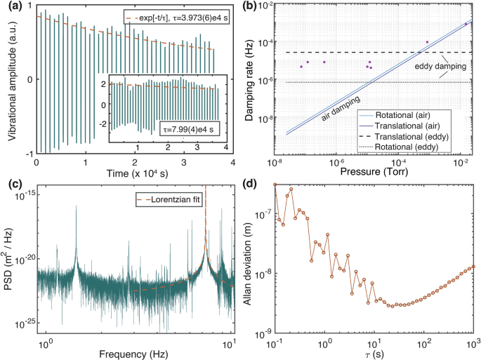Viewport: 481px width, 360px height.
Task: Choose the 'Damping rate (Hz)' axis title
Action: (x=256, y=79)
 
